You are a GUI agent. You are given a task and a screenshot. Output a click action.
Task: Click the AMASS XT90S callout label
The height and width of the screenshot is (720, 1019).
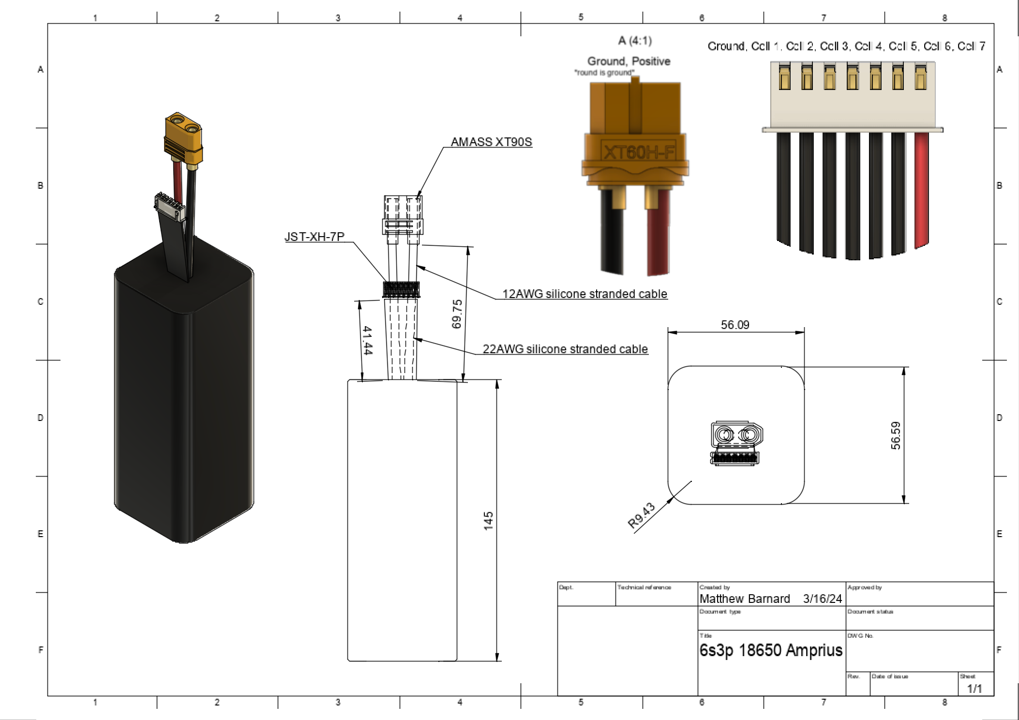coord(491,142)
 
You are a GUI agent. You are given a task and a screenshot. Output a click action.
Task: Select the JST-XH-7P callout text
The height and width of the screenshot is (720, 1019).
coord(315,237)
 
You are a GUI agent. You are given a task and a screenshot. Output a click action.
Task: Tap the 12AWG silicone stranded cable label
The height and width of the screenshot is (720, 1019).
coord(584,294)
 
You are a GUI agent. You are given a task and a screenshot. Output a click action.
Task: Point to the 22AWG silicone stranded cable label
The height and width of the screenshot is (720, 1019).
coord(565,349)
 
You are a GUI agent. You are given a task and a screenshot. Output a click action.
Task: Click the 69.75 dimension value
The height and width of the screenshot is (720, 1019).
coord(457,314)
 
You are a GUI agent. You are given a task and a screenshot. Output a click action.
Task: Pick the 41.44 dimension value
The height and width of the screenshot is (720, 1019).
coord(367,341)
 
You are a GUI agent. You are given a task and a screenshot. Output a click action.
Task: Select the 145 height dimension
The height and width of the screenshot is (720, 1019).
coord(488,521)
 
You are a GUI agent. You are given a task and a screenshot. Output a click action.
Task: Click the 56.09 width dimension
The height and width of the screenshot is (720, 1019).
coord(735,325)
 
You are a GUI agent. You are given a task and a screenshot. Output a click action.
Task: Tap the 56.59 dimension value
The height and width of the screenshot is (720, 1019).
coord(896,435)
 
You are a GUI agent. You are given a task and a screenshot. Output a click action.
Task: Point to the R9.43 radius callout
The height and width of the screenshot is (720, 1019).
coord(641,515)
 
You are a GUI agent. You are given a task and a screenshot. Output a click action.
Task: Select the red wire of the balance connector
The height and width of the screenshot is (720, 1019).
coord(921,189)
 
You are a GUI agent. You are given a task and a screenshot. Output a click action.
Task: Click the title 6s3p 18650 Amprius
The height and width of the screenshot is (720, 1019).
coord(771,650)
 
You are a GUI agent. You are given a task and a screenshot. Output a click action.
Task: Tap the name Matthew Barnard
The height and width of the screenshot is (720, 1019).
coord(744,599)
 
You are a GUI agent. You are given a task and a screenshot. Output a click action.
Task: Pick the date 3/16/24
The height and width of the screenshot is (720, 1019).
coord(823,599)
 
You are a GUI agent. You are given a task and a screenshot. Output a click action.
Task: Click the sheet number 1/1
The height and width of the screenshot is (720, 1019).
coord(974,688)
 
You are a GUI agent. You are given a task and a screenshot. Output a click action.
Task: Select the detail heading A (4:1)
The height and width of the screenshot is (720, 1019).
coord(635,41)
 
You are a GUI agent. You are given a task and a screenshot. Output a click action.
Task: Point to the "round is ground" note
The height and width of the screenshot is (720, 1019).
coord(604,73)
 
